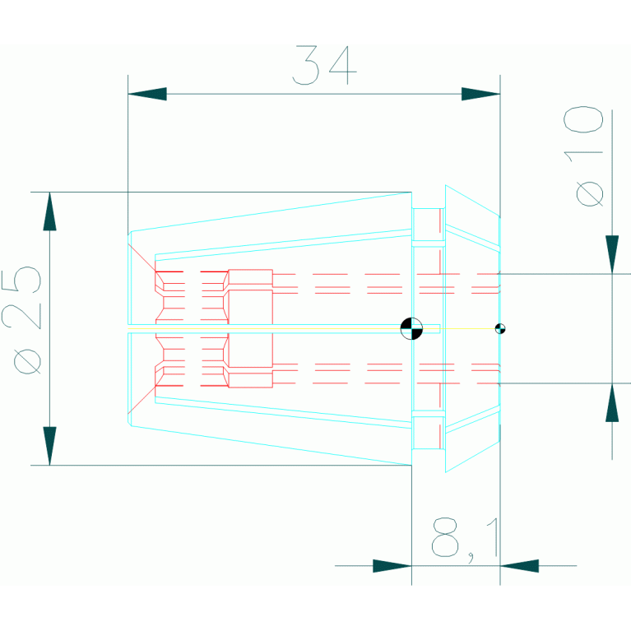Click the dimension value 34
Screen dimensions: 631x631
click(326, 66)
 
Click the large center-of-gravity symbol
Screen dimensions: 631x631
click(411, 328)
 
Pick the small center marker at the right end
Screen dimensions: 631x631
click(499, 328)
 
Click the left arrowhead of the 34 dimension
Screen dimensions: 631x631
click(147, 94)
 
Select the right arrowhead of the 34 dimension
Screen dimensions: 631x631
click(480, 94)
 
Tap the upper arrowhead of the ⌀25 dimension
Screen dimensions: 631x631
click(50, 211)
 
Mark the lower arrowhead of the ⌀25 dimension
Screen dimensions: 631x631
click(50, 445)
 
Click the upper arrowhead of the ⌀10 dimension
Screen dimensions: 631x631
click(611, 254)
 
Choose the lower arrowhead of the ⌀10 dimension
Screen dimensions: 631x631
click(611, 403)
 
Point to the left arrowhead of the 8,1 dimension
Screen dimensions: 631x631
click(392, 565)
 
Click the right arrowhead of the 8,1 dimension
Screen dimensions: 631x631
click(519, 565)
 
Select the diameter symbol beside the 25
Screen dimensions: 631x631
click(28, 360)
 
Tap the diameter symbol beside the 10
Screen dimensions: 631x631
click(590, 194)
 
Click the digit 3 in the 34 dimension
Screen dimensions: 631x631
click(307, 66)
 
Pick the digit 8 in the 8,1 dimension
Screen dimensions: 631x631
click(446, 537)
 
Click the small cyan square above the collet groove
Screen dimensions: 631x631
click(426, 224)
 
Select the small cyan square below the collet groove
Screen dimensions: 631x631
click(426, 432)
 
